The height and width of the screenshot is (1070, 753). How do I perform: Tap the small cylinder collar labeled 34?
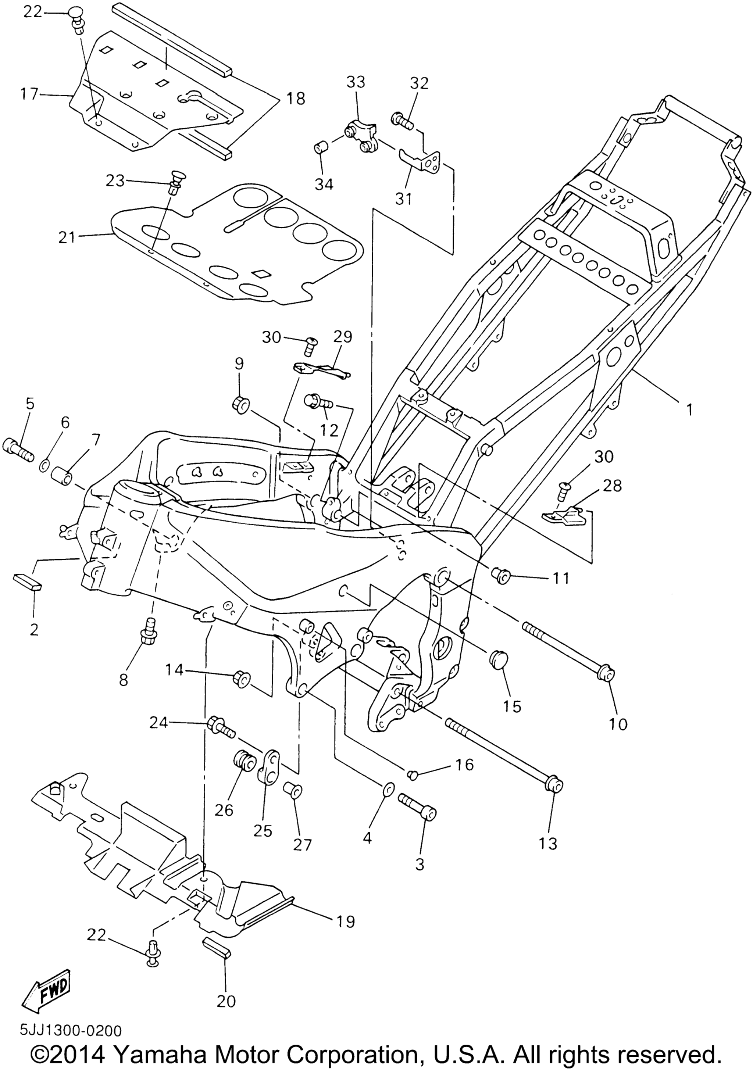tap(320, 148)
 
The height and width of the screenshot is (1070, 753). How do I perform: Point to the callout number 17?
tap(29, 94)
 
